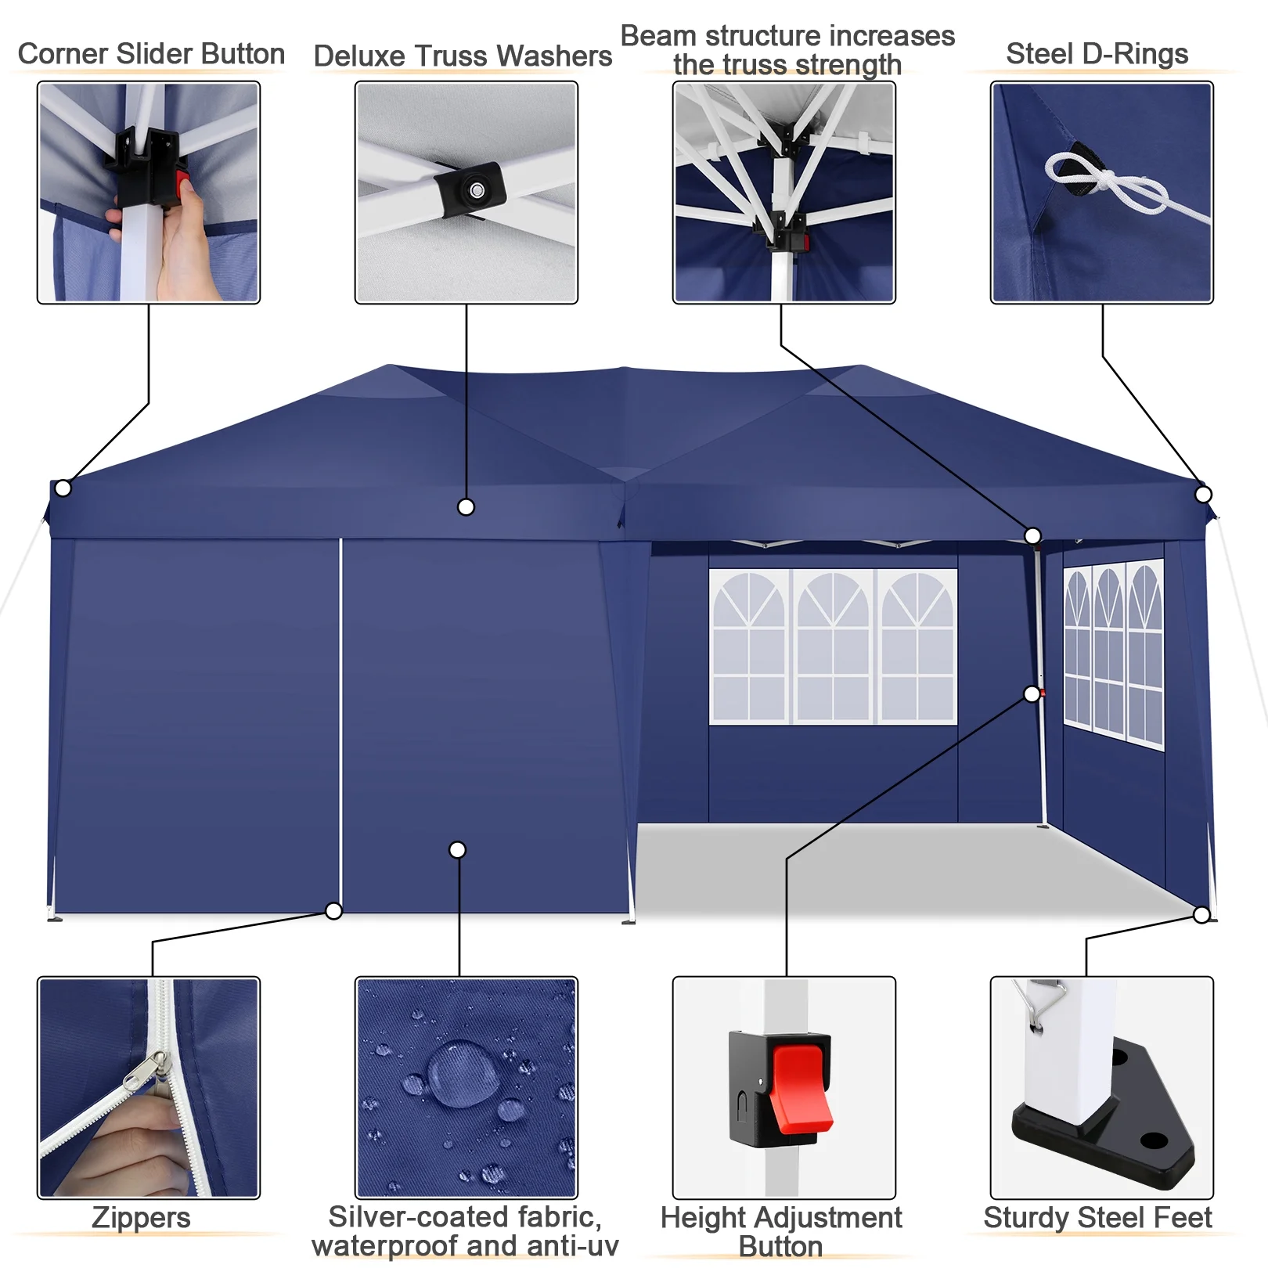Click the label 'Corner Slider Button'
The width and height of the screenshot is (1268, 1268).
pyautogui.click(x=151, y=54)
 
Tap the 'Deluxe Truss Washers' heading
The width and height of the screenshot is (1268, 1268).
pyautogui.click(x=463, y=56)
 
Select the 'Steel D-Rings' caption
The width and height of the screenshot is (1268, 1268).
pyautogui.click(x=1097, y=54)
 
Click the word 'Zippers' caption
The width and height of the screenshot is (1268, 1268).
pyautogui.click(x=141, y=1218)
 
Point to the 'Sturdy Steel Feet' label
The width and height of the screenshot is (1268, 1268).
pyautogui.click(x=1097, y=1218)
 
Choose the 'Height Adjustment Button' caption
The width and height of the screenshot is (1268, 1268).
pyautogui.click(x=781, y=1232)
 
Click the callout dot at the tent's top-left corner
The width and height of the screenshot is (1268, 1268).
pyautogui.click(x=63, y=488)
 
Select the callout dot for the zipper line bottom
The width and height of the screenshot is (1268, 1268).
pyautogui.click(x=334, y=911)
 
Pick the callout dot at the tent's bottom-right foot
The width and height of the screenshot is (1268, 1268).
pyautogui.click(x=1202, y=915)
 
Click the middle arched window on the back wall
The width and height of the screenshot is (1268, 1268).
pyautogui.click(x=833, y=647)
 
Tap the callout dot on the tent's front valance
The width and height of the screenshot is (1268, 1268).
pyautogui.click(x=466, y=508)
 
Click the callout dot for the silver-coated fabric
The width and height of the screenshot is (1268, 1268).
pyautogui.click(x=458, y=850)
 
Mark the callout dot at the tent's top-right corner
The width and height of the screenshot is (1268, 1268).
pyautogui.click(x=1204, y=495)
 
